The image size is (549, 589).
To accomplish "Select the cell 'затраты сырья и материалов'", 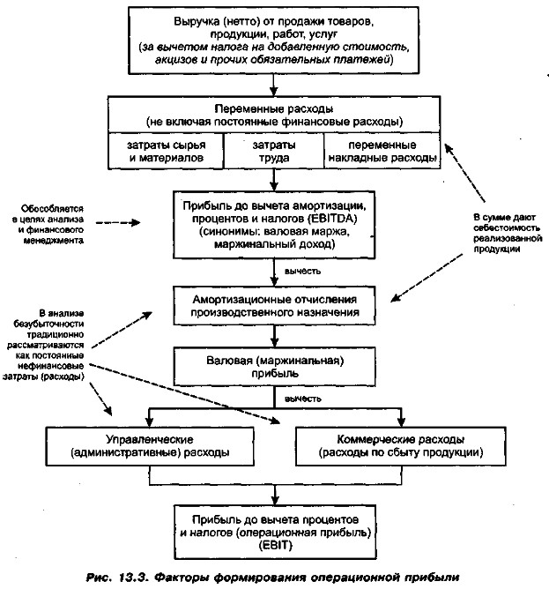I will coord(166,150).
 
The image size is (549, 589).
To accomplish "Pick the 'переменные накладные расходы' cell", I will coord(381,150).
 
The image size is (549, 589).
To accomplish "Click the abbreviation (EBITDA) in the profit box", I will coord(328,219).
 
